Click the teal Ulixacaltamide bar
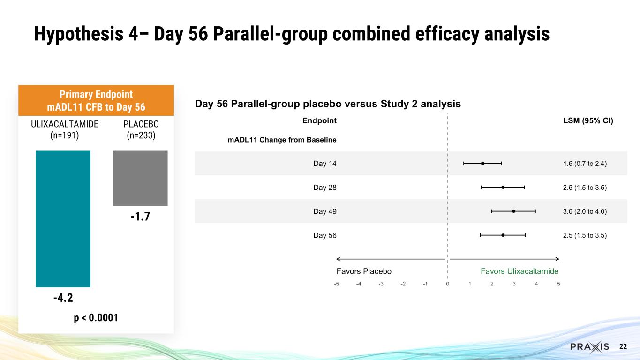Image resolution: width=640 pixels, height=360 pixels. click(x=63, y=218)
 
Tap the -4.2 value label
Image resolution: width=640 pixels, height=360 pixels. click(x=63, y=298)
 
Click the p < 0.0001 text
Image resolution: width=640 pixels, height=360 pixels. click(x=96, y=318)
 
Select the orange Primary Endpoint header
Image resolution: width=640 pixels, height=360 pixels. click(x=96, y=100)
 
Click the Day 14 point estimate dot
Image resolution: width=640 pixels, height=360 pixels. click(x=482, y=163)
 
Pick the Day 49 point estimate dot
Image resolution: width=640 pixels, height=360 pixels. click(x=514, y=211)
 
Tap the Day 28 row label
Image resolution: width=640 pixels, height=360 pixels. click(x=324, y=187)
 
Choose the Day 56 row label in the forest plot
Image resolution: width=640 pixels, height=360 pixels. click(x=324, y=235)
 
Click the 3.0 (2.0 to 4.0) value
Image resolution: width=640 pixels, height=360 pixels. click(x=585, y=211)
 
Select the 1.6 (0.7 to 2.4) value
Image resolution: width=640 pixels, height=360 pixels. click(x=585, y=164)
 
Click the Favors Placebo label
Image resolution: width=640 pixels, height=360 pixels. click(x=364, y=271)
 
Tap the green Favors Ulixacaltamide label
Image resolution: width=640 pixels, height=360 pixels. click(x=520, y=271)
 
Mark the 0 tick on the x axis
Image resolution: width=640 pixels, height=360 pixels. click(x=448, y=284)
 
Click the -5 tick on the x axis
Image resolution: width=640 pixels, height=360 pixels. click(x=336, y=284)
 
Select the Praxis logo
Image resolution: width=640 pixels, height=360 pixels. click(x=590, y=346)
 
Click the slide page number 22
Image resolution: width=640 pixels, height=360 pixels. click(x=623, y=346)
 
